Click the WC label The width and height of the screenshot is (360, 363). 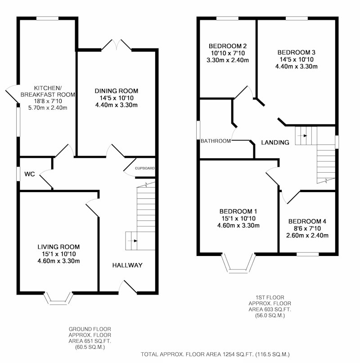point(30,174)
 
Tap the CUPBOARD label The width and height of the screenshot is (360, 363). point(145,168)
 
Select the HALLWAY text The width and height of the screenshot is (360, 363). point(127,265)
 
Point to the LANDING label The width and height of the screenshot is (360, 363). point(275,143)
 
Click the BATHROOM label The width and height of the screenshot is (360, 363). point(216,141)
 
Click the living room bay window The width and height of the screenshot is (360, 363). point(58,298)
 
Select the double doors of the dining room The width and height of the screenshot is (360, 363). point(116,45)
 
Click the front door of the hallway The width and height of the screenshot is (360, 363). point(128,287)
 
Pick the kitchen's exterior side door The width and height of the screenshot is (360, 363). point(12,94)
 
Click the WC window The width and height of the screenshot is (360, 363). point(18,174)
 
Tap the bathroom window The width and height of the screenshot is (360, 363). point(198,130)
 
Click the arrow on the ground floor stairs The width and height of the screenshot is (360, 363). point(132,241)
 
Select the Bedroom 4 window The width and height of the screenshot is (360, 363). point(308,254)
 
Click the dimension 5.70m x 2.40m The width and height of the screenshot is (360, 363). point(48,108)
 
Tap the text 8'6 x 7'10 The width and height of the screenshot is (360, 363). point(307,229)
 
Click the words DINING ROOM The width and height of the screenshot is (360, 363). point(116,91)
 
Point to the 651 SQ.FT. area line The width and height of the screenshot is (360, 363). point(90,341)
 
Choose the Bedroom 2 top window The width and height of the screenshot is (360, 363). point(228,18)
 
